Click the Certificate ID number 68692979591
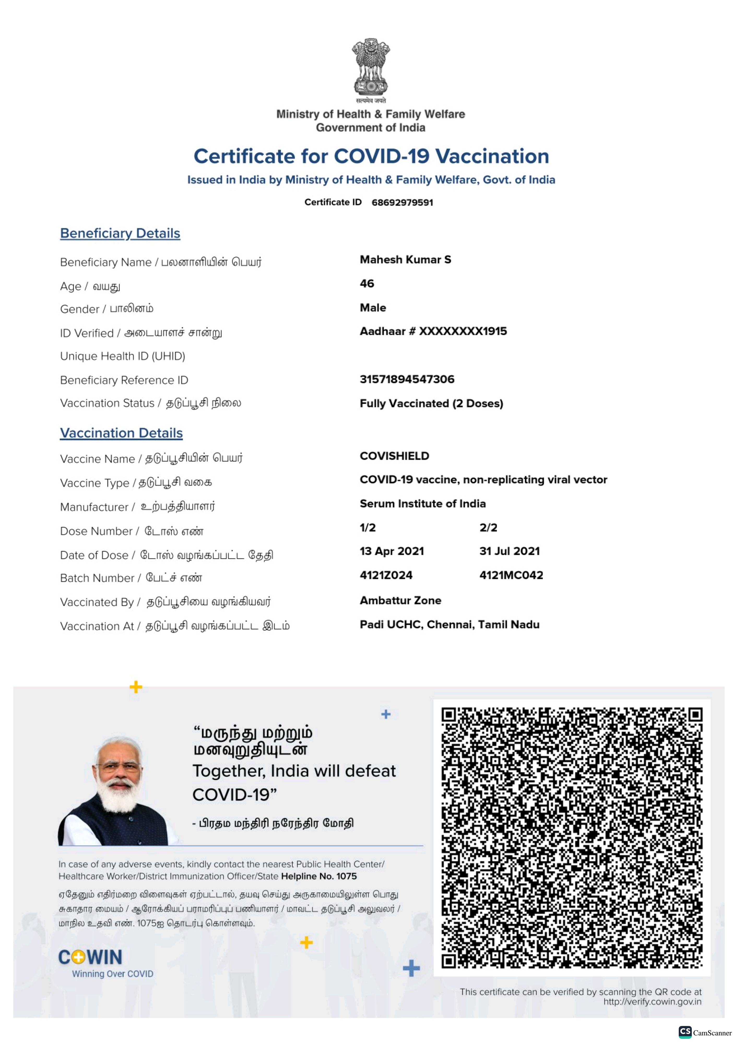[402, 202]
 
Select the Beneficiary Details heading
[120, 233]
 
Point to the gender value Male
[373, 308]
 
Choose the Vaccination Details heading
[121, 433]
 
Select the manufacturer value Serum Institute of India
[422, 504]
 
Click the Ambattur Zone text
[400, 600]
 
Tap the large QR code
[571, 838]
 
